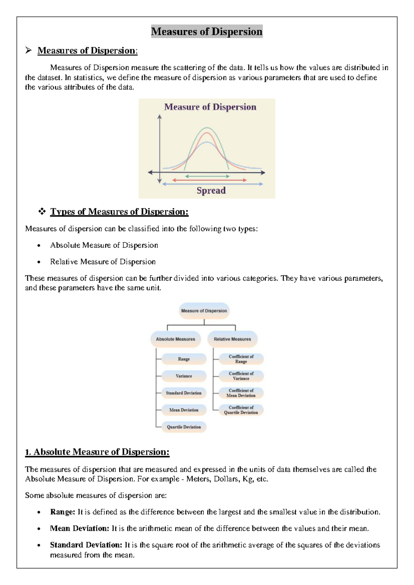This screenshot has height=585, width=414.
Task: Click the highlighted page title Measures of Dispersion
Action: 207,31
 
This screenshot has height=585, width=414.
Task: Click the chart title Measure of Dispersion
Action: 210,107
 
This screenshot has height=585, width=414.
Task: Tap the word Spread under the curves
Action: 211,190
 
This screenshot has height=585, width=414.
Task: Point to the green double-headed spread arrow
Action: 207,176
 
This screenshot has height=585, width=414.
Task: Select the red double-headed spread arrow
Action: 209,180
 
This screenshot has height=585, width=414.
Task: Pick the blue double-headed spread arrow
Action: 213,184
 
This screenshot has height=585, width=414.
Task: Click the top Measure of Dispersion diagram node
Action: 204,311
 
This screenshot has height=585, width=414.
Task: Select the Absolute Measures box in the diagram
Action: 175,339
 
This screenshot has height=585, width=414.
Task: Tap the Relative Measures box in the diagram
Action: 232,339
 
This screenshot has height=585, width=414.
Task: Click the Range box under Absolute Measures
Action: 184,359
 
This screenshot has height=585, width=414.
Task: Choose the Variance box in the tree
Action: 184,376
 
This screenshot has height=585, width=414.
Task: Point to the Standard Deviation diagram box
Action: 184,393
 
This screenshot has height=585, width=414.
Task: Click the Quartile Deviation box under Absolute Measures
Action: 184,427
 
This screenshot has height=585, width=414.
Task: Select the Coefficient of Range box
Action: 241,359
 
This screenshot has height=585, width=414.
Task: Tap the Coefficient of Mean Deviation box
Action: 241,393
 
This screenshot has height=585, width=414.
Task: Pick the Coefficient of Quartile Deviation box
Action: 241,410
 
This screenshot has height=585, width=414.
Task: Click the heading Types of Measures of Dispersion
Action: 119,211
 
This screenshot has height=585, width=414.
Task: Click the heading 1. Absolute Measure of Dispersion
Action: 97,452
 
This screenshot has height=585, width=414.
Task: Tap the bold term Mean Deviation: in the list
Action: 79,528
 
